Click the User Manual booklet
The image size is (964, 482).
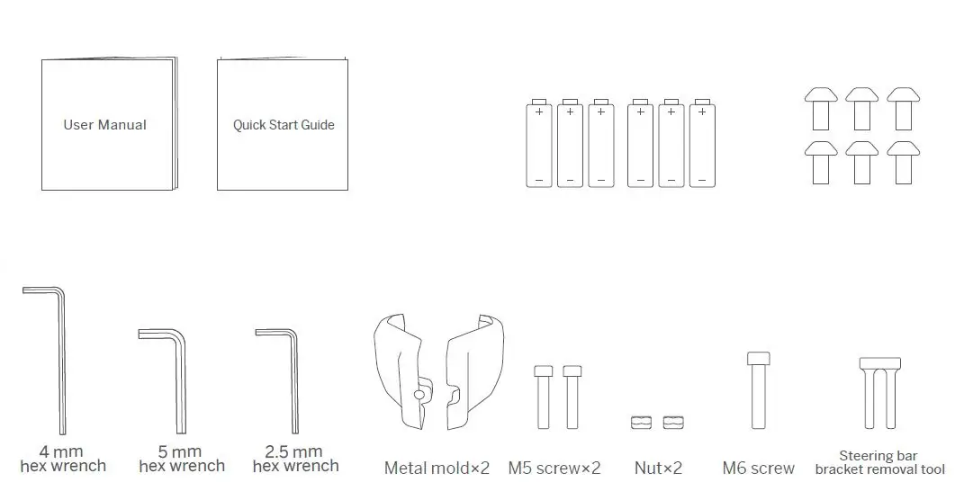coord(109,125)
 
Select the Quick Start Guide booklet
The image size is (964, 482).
coord(283,125)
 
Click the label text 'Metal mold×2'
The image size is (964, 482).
coord(437,468)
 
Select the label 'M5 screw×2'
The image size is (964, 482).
coord(554,468)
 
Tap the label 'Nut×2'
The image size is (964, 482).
coord(658,468)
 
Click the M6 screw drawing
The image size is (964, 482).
coord(759,390)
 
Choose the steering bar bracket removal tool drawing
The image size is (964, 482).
coord(879,393)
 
